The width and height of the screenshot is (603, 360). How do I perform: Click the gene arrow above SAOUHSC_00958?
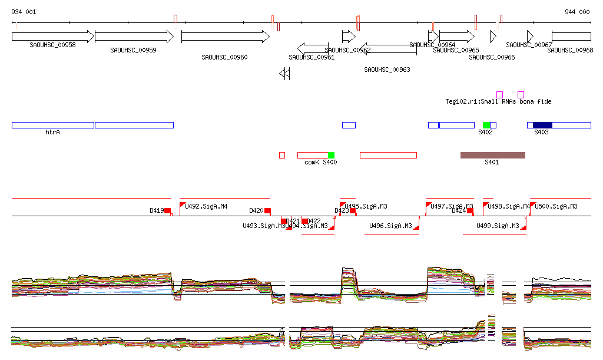pos(52,37)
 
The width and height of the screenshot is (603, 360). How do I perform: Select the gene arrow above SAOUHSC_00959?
pos(134,37)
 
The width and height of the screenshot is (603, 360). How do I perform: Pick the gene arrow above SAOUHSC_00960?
pos(225,37)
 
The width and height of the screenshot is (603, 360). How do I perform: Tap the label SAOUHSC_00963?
pos(387,70)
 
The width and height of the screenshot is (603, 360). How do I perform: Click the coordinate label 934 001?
pos(24,12)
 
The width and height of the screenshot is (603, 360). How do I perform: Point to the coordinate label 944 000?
pos(577,12)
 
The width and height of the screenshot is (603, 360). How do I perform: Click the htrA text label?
pos(53,132)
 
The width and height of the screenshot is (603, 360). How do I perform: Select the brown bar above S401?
pos(492,155)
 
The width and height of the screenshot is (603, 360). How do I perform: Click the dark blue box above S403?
pos(542,125)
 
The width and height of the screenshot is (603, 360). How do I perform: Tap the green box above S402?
pos(486,125)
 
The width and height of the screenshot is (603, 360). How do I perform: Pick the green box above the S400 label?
pos(331,155)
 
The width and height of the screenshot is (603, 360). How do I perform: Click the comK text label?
pos(312,162)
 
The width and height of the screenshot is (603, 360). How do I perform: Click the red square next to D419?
pos(168,210)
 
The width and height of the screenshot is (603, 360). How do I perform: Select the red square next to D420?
pos(267,210)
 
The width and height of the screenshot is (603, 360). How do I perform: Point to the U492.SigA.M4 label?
pos(206,206)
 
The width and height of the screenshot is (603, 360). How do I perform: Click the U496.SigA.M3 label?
pos(390,226)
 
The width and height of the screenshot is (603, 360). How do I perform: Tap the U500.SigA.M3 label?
pos(556,206)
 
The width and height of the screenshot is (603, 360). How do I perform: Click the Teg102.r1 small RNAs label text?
pos(498,101)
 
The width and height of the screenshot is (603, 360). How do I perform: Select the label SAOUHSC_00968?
pos(570,50)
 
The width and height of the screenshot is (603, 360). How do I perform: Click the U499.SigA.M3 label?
pos(498,226)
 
